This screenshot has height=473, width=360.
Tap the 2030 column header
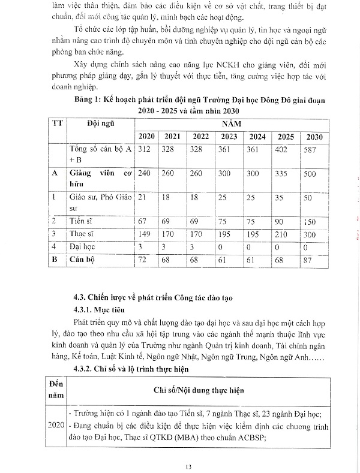pyautogui.click(x=314, y=137)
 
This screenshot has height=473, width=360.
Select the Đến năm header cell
pyautogui.click(x=55, y=390)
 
